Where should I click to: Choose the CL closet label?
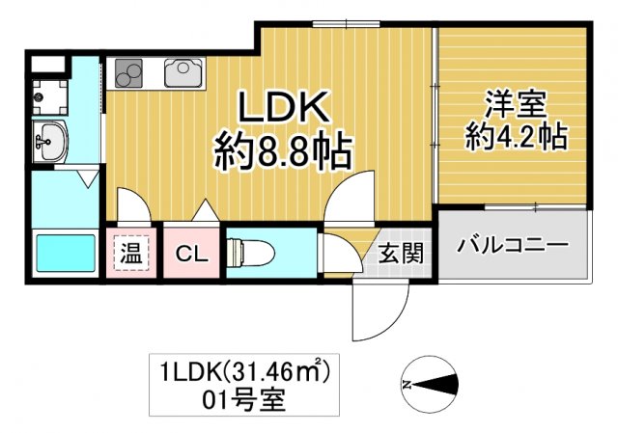[193, 255]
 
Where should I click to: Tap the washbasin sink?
[49, 143]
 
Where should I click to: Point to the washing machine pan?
[48, 94]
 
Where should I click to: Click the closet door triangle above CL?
[206, 211]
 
